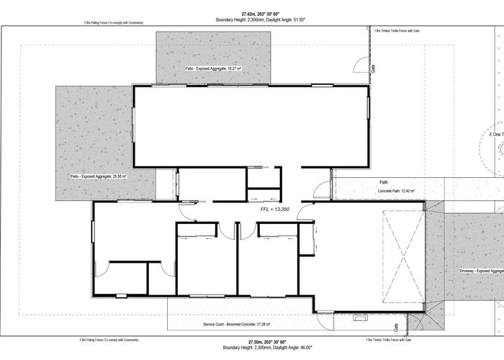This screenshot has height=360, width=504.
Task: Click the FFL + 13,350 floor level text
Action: point(275,210)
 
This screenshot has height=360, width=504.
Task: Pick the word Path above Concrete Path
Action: point(384,183)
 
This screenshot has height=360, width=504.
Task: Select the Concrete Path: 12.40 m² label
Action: point(401,192)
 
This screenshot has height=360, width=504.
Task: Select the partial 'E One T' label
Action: point(496,135)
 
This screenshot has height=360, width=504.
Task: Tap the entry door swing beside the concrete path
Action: point(322,191)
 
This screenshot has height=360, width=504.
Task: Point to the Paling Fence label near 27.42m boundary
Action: point(113,23)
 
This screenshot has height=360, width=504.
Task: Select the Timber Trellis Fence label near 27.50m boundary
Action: point(388,339)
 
